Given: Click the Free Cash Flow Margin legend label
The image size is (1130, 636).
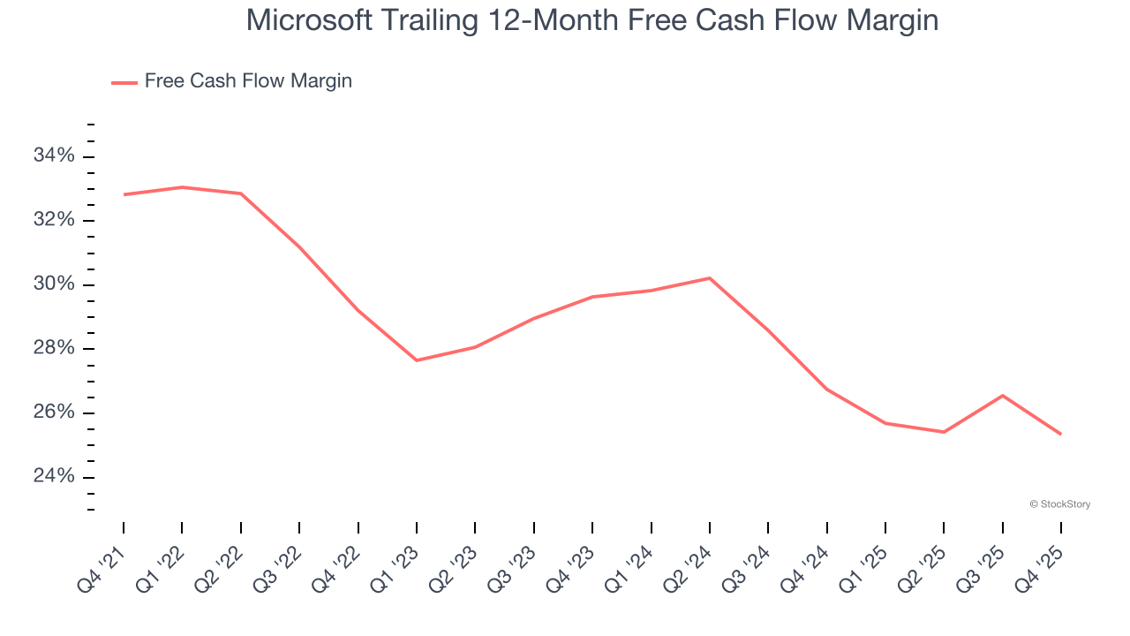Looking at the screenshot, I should pos(248,81).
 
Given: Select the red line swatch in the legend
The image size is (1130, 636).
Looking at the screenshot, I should pos(124,82).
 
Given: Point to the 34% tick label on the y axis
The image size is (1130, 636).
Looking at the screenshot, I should pos(54,156).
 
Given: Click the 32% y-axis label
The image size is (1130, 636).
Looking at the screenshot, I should pos(54,220).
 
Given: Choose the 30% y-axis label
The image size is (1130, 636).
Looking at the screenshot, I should pos(54,284).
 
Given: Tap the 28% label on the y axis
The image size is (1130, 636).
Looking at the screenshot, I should pos(54,349).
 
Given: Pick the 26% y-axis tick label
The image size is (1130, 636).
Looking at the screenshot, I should pos(54,413).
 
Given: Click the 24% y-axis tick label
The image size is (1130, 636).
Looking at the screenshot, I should pos(54,477).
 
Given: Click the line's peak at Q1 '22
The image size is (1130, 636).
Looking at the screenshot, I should pos(182,187).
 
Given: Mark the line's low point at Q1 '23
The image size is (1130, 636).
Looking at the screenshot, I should pos(417,360).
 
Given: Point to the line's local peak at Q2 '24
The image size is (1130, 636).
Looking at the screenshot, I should pos(710,278).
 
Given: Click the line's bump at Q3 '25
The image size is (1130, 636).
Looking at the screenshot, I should pos(1003,395).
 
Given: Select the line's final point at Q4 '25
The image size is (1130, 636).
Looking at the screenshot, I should pos(1060,434).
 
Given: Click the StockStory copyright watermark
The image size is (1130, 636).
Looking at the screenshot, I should pos(1060,504).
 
